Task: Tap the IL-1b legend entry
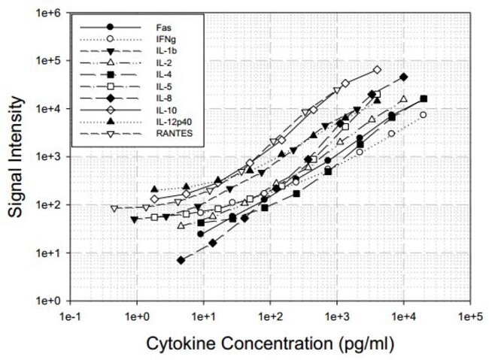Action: click(x=154, y=50)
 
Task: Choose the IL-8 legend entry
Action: click(x=153, y=98)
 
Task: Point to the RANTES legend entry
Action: click(x=159, y=133)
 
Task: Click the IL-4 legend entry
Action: click(x=153, y=74)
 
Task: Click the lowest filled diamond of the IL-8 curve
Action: click(x=181, y=260)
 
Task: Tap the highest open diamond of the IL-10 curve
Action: click(x=377, y=70)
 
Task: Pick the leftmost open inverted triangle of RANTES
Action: click(x=114, y=209)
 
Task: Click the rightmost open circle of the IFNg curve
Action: click(x=424, y=115)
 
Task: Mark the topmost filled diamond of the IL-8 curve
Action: click(x=404, y=77)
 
